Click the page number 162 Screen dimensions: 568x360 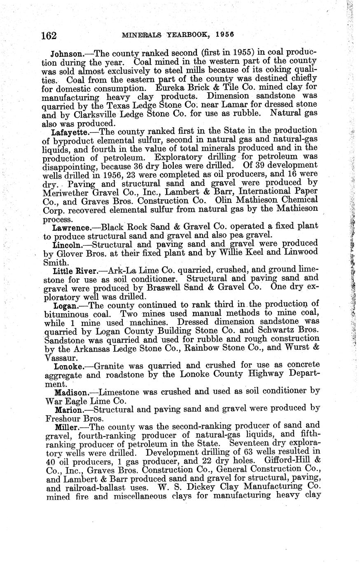point(49,35)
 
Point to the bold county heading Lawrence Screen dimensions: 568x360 point(71,227)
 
